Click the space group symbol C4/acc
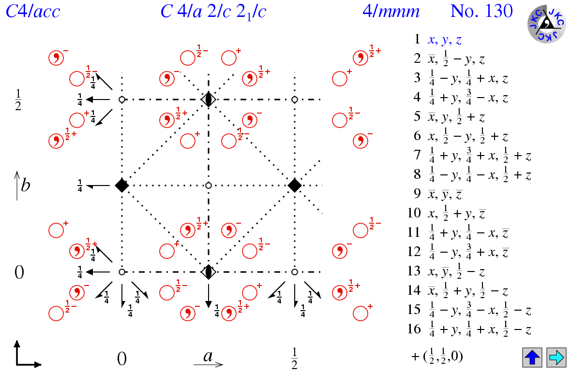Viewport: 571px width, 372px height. [33, 11]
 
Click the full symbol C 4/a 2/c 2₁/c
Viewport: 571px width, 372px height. [213, 12]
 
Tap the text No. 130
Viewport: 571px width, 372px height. [481, 11]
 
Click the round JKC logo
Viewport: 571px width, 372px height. [546, 24]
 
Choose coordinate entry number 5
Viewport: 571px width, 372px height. [456, 117]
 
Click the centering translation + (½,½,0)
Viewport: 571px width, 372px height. [436, 357]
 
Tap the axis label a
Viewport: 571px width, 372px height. [209, 357]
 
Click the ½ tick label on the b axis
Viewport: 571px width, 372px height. [18, 99]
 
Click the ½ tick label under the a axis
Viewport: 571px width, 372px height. [294, 358]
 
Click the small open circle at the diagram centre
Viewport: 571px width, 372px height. [209, 186]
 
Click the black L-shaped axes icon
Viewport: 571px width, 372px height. [27, 354]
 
